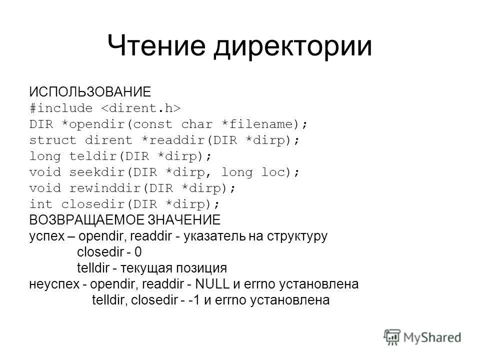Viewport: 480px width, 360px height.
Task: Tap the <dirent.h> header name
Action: [141, 108]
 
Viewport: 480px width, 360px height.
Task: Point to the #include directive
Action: [61, 108]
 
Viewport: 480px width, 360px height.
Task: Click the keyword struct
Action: [53, 140]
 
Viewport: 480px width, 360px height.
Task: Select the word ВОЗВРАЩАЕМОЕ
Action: [87, 220]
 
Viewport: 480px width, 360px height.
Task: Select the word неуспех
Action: [53, 285]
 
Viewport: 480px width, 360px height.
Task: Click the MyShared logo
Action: [423, 336]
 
